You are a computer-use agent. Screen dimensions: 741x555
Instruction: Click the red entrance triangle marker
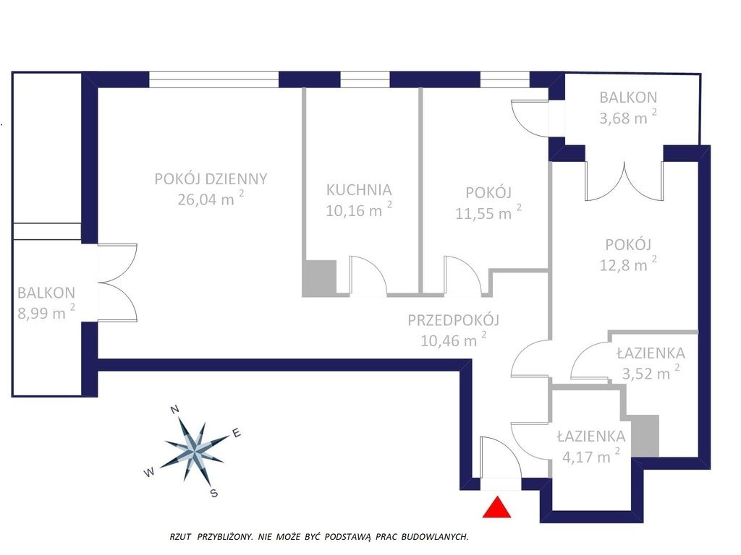coord(496,508)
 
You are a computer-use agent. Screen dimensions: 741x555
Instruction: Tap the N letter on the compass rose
coord(174,409)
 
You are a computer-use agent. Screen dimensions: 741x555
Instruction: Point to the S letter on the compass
coord(214,494)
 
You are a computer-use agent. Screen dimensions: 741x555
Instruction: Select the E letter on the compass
coord(237,434)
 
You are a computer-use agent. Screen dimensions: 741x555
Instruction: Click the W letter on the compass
coord(149,472)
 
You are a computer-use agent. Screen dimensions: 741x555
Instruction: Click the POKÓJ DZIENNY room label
coord(211,179)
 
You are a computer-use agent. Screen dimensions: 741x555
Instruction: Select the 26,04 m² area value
coord(211,199)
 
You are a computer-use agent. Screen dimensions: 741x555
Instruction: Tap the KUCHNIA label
coord(359,190)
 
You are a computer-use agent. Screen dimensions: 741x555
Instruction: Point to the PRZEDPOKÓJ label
coord(453,320)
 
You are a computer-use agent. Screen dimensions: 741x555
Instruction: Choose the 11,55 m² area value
coord(488,212)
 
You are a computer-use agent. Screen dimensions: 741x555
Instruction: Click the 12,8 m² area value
coord(628,264)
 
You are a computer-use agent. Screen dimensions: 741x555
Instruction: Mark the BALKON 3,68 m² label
coord(628,108)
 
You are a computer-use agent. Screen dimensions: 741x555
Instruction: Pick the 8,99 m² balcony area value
coord(46,312)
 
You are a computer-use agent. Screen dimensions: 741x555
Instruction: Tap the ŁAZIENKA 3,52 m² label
coord(651,363)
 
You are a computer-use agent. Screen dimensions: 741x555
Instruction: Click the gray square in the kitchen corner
coord(319,278)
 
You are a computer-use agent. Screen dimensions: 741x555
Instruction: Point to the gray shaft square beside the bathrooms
coord(645,436)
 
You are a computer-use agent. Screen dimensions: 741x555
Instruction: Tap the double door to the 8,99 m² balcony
coord(118,283)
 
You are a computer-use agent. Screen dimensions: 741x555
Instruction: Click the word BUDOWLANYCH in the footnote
coord(435,537)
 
